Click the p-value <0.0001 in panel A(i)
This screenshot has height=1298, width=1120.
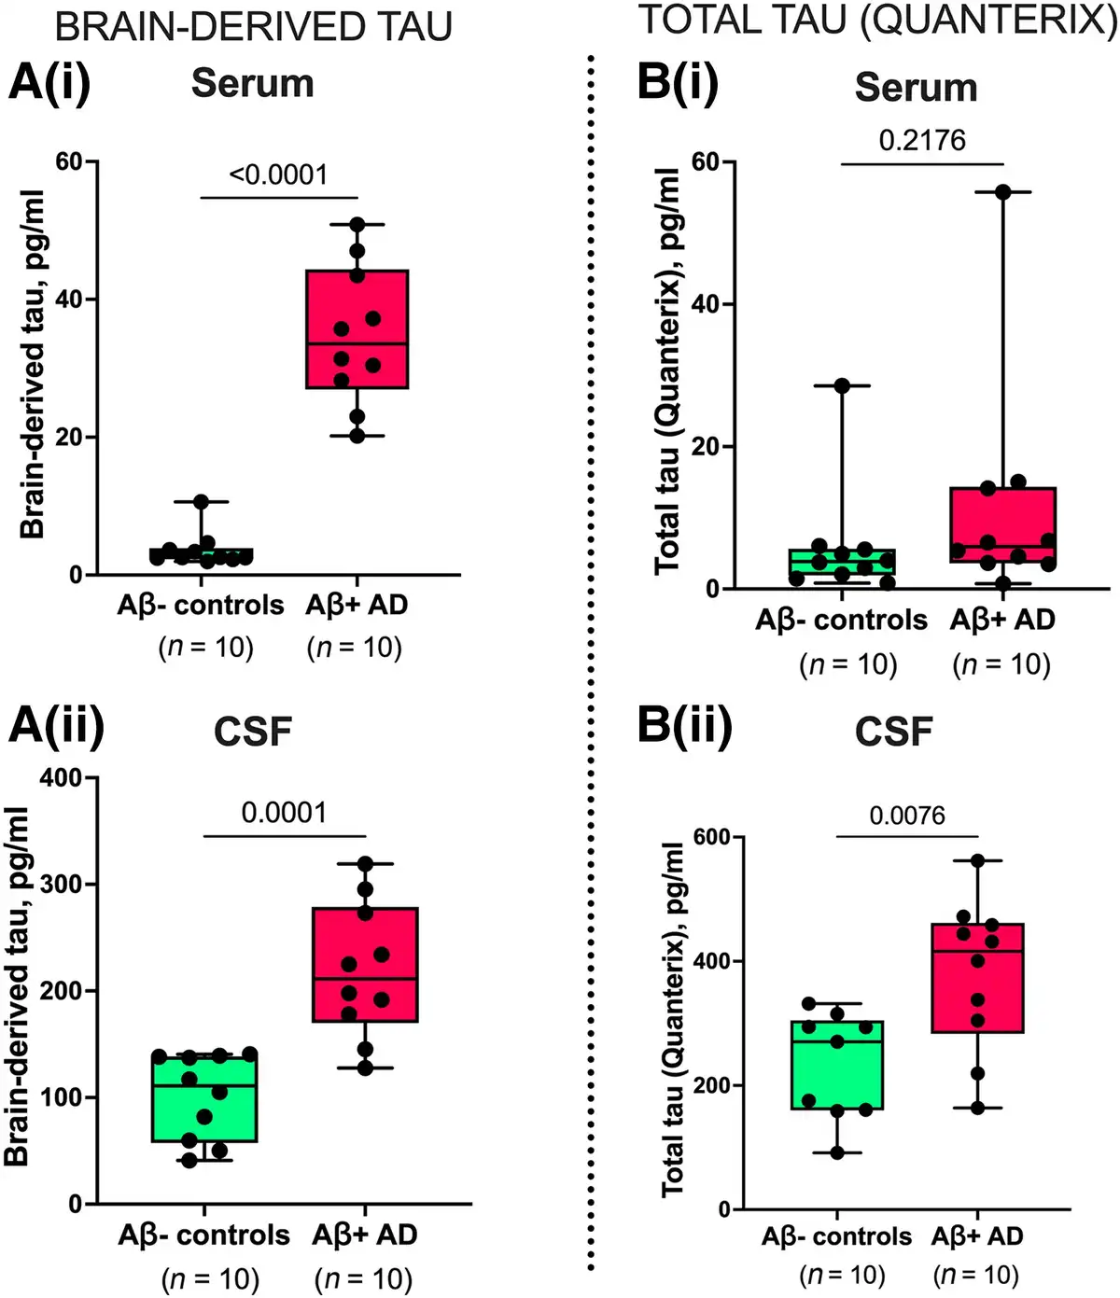tap(278, 174)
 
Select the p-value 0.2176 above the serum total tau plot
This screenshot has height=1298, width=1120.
tap(922, 141)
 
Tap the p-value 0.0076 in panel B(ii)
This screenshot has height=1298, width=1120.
tap(907, 816)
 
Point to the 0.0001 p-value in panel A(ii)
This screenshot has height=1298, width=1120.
tap(284, 813)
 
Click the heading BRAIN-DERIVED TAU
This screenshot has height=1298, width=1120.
tap(254, 27)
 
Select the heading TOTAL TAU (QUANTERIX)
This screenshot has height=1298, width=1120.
tap(877, 21)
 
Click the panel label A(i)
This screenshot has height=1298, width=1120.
tap(49, 82)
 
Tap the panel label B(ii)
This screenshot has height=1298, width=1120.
tap(684, 725)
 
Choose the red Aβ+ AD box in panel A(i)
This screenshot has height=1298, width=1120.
tap(357, 328)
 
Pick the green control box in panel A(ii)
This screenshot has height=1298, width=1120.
tap(204, 1098)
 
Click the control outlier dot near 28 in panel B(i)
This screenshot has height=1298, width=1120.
tap(842, 385)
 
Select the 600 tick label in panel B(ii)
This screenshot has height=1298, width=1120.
tap(712, 837)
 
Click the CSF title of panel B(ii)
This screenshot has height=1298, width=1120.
tap(893, 733)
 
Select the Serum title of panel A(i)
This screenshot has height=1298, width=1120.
tap(252, 84)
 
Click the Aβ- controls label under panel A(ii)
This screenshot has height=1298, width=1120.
tap(203, 1235)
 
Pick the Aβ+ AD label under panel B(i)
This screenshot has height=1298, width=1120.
tap(1002, 621)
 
